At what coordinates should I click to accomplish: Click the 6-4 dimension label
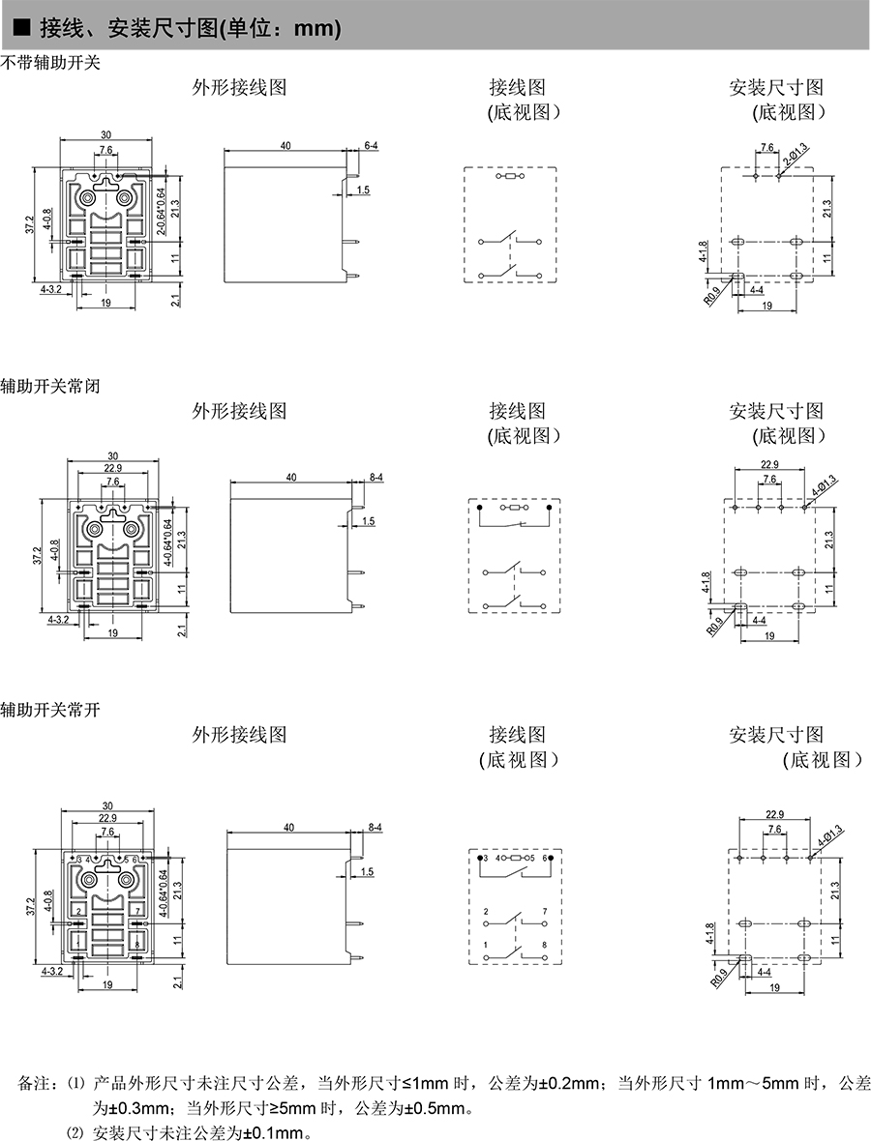pos(371,145)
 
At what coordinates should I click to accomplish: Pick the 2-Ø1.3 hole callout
pos(796,156)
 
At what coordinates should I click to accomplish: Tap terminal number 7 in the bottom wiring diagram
pos(546,912)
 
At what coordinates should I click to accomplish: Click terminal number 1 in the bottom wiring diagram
pos(486,944)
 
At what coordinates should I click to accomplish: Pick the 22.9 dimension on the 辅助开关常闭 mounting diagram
pos(769,465)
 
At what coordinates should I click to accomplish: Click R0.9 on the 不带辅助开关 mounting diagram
pos(712,294)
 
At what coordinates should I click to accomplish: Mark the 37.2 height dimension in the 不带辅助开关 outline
pos(30,225)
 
